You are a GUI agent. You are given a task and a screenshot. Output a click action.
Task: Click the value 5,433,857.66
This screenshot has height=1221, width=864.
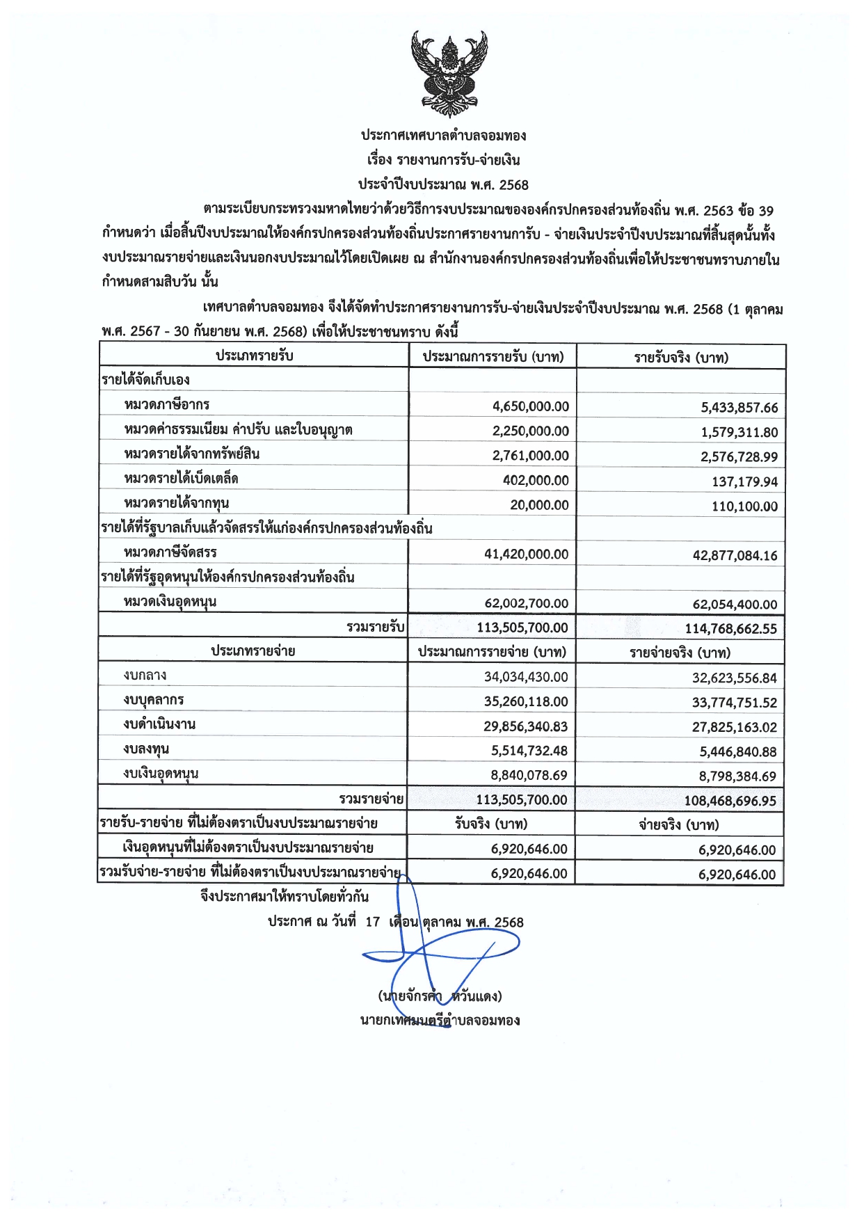tap(739, 408)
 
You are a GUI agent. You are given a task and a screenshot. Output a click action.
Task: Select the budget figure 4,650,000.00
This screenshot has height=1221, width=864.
tap(530, 406)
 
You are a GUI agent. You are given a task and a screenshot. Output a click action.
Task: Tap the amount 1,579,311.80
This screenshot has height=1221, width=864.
tap(739, 432)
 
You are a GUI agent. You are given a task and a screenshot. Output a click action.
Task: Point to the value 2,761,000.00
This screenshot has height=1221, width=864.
tap(530, 456)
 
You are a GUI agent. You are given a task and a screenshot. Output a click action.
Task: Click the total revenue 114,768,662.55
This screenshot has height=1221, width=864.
tap(730, 629)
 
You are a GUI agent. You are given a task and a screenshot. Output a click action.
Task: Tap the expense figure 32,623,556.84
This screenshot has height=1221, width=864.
tap(734, 678)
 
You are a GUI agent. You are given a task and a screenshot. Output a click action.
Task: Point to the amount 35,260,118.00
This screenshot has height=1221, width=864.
tap(525, 702)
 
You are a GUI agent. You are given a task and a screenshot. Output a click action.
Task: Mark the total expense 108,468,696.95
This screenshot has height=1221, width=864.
tap(730, 801)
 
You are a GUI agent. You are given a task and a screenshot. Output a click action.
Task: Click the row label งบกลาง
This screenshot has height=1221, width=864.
tap(145, 676)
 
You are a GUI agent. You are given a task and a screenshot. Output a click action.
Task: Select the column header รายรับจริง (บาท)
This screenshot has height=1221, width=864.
tap(680, 358)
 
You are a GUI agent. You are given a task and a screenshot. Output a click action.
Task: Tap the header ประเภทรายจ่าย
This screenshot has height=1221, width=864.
tap(253, 651)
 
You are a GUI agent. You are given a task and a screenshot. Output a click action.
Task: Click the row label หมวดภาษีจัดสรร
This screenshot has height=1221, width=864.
tap(170, 552)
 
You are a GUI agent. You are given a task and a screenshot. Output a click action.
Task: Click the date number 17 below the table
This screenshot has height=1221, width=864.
tap(372, 922)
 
